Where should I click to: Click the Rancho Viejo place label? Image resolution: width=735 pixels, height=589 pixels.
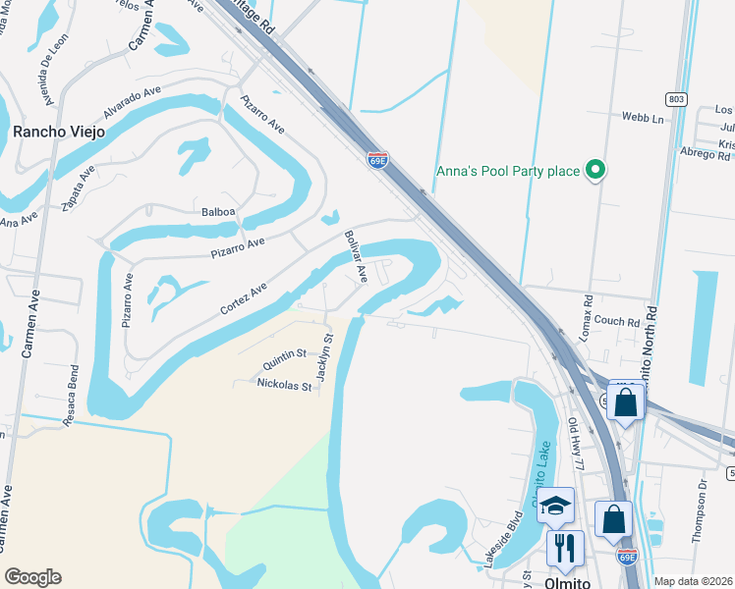point(58,132)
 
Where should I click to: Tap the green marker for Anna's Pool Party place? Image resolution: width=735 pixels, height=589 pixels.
point(594,172)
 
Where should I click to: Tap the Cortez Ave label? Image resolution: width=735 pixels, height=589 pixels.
point(243,298)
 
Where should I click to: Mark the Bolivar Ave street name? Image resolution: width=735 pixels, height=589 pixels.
point(355,257)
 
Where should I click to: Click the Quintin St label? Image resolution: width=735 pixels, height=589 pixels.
point(284,359)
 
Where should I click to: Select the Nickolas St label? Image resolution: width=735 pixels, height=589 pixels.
point(283,386)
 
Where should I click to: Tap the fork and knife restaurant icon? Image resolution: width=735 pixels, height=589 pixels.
point(565,547)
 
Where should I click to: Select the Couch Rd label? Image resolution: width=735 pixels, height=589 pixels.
point(617,321)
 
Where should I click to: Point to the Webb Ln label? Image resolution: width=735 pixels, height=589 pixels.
point(643,118)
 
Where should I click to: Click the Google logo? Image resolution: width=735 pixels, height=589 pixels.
point(32,577)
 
